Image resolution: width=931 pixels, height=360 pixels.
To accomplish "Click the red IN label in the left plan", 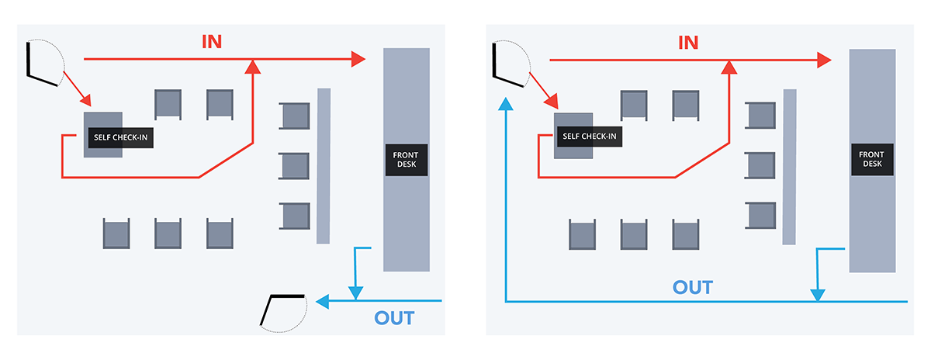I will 213,42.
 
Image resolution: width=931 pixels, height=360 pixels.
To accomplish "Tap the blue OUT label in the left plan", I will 394,318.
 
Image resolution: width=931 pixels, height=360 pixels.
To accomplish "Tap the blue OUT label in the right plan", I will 692,287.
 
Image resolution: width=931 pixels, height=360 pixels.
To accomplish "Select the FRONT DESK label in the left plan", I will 407,159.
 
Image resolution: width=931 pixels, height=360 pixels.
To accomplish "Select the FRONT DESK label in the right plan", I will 872,159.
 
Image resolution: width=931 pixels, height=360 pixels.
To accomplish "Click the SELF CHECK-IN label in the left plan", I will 119,137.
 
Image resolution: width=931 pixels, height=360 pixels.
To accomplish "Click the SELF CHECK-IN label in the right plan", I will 590,137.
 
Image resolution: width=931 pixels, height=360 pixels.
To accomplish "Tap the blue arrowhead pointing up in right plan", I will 506,105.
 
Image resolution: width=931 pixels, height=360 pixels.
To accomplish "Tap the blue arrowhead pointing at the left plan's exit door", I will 324,300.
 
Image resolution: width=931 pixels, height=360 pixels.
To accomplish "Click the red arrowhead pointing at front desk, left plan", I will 358,59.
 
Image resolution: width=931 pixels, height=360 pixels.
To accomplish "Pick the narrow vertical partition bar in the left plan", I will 324,165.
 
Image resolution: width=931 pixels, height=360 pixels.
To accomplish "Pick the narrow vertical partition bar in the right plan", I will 789,165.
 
